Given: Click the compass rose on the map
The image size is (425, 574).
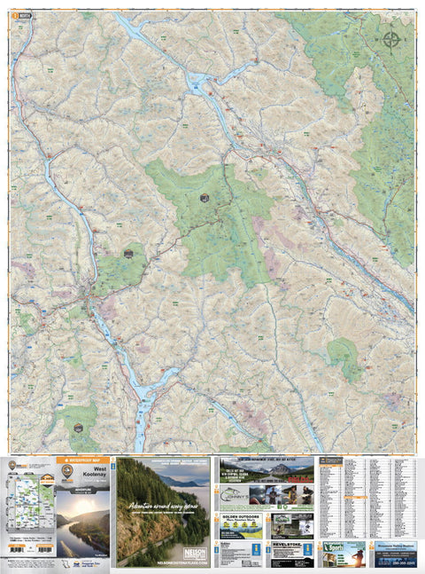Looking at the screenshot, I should pyautogui.click(x=390, y=38).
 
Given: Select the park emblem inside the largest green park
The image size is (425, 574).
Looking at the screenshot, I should pyautogui.click(x=205, y=198).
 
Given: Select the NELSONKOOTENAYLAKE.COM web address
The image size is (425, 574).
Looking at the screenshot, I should pyautogui.click(x=163, y=562).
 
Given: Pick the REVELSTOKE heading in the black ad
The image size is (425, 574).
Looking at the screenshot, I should pyautogui.click(x=291, y=547).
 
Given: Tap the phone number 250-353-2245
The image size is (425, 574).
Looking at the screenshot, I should pyautogui.click(x=394, y=561).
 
